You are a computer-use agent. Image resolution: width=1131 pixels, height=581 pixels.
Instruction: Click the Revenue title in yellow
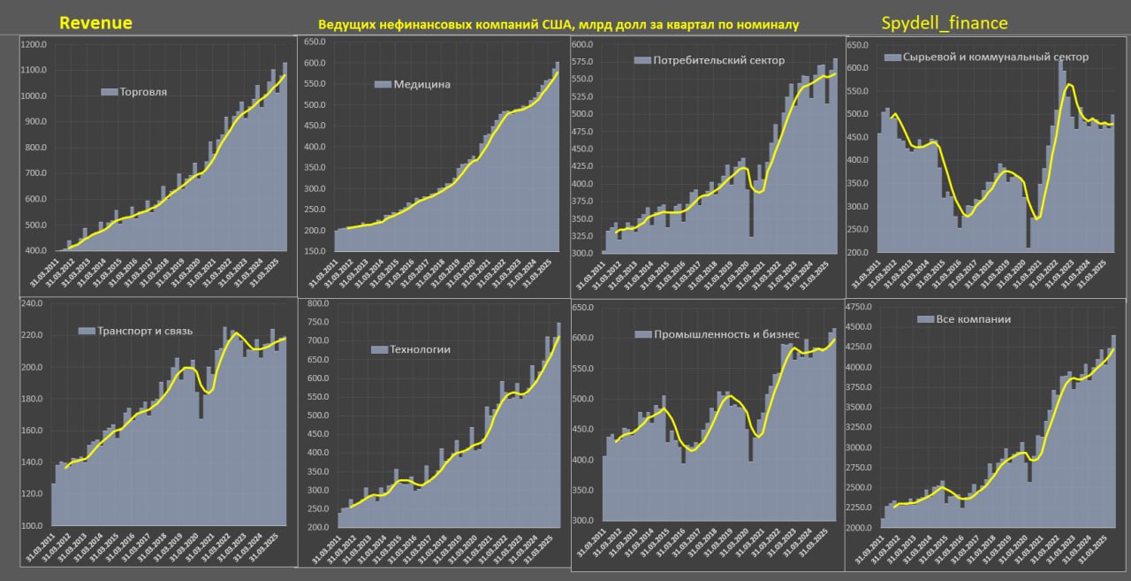point(95,23)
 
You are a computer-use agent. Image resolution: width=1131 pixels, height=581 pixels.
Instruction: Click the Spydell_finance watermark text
point(945,23)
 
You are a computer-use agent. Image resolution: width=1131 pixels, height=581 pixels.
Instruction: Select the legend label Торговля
point(143,91)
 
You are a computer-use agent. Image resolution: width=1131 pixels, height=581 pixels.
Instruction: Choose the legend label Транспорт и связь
point(145,331)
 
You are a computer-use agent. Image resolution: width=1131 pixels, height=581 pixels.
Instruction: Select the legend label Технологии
point(420,349)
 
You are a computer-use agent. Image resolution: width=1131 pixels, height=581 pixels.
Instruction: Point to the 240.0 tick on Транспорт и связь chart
point(33,303)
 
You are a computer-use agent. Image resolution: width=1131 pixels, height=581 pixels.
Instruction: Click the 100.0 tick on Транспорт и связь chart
point(33,526)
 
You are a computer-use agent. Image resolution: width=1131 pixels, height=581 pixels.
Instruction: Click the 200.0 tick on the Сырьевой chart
point(859,253)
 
